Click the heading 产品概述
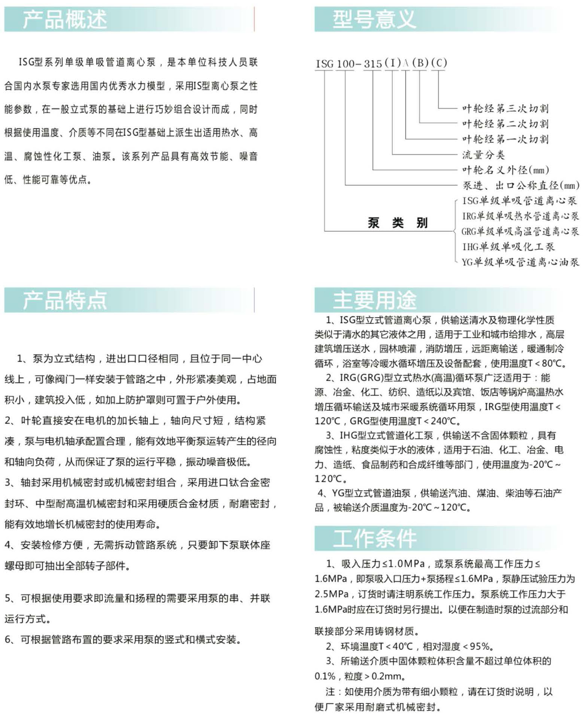pyautogui.click(x=65, y=19)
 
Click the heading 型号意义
pyautogui.click(x=374, y=19)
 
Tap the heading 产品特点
pyautogui.click(x=65, y=300)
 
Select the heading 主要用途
pyautogui.click(x=374, y=300)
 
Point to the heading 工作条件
pyautogui.click(x=374, y=538)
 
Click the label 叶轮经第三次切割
pyautogui.click(x=505, y=109)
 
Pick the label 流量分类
pyautogui.click(x=484, y=155)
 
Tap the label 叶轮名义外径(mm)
pyautogui.click(x=505, y=170)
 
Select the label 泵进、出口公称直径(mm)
pyautogui.click(x=521, y=185)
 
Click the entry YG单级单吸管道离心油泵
pyautogui.click(x=520, y=262)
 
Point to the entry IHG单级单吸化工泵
pyautogui.click(x=508, y=247)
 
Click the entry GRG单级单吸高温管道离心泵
pyautogui.click(x=520, y=231)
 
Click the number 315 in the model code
pyautogui.click(x=373, y=64)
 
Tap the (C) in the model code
pyautogui.click(x=439, y=63)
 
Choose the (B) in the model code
pyautogui.click(x=420, y=63)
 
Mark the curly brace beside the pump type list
pyautogui.click(x=455, y=231)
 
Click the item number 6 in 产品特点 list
pyautogui.click(x=8, y=639)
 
